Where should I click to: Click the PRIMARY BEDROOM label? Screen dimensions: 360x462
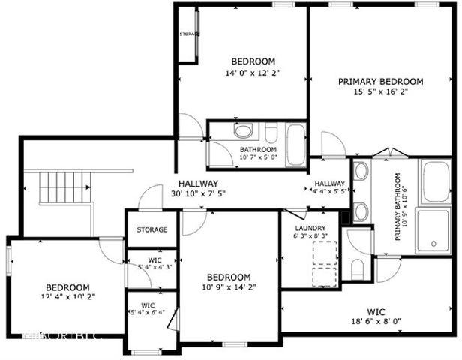(380, 82)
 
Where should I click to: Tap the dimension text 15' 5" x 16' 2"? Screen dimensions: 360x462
(380, 92)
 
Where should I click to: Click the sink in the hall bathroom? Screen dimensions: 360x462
(244, 132)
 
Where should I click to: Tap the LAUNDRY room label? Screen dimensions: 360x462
(310, 228)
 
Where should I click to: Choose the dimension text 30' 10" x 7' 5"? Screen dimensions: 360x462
(199, 194)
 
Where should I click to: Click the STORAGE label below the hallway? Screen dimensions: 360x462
(151, 229)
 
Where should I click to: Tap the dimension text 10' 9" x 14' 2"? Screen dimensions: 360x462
(229, 287)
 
